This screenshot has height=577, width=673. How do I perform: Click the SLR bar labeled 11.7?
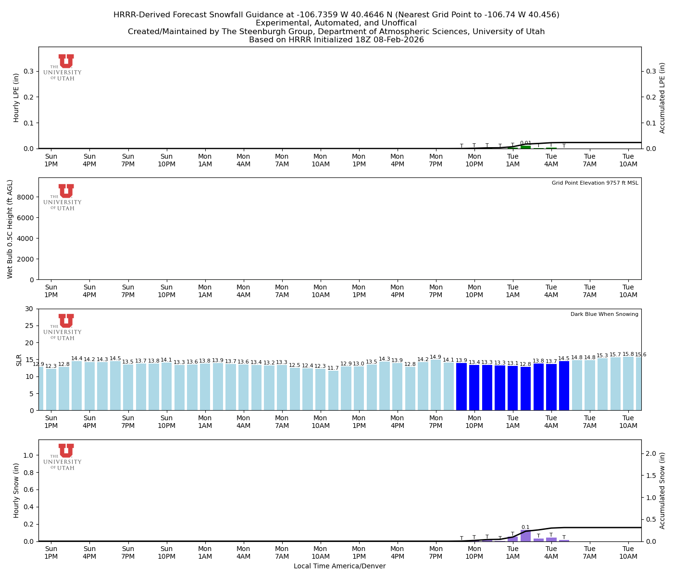pos(333,390)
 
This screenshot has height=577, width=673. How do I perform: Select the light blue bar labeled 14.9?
pos(436,385)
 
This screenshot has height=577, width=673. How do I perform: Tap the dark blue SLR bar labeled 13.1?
pos(512,388)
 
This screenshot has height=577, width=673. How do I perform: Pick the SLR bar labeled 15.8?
pos(628,384)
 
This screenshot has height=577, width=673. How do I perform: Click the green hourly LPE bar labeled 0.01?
pos(525,147)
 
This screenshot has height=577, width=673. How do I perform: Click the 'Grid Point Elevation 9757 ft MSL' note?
pos(595,183)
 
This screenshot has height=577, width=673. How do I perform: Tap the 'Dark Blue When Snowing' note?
pos(604,314)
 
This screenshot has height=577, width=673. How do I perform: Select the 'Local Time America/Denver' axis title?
pos(339,566)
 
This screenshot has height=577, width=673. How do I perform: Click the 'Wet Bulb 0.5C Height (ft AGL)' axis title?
pos(10,229)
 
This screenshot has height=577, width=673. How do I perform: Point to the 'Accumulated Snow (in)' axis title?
pos(662,490)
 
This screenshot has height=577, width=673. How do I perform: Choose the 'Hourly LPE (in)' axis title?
pos(16,98)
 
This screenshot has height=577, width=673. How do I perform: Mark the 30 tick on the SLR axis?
pos(30,309)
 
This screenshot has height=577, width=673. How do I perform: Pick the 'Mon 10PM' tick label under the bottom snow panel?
pos(474,553)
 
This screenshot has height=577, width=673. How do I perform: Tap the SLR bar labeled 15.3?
pos(602,384)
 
